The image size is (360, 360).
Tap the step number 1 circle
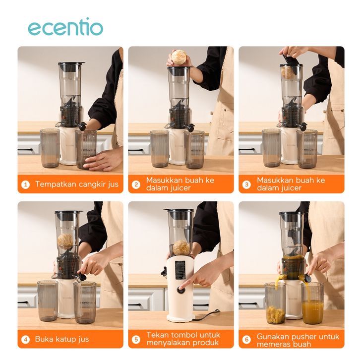coord(25,184)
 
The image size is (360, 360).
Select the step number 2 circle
coord(136,184)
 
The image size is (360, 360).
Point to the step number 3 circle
coord(247,184)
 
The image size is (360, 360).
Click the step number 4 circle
coord(25,340)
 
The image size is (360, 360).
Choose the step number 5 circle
coord(136,340)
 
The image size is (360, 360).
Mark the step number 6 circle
coord(247,340)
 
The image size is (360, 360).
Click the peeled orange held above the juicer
coord(179,58)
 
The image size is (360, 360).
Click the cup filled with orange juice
coord(312,303)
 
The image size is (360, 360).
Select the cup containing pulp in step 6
coord(275,303)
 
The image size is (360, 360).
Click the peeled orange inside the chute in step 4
coord(65,241)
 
